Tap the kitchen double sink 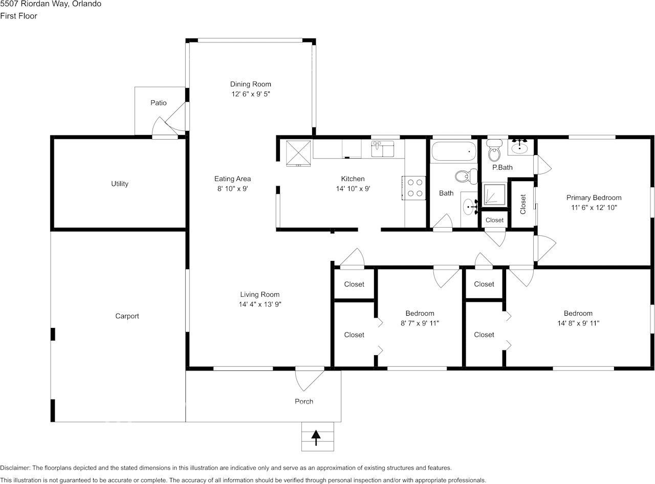click(382, 149)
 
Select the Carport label click(127, 316)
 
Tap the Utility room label click(120, 184)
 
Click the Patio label click(158, 103)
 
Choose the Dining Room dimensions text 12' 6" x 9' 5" click(250, 94)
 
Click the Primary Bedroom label click(594, 197)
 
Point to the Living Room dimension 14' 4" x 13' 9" click(260, 304)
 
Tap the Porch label click(304, 401)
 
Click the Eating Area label click(232, 179)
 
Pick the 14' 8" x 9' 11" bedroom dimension click(578, 323)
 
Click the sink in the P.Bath click(520, 147)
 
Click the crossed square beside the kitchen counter click(298, 152)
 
